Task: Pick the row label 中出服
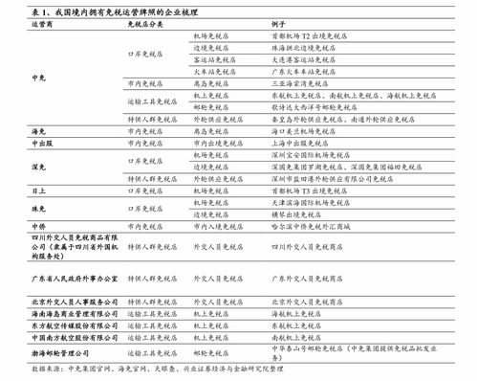click(x=39, y=142)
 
